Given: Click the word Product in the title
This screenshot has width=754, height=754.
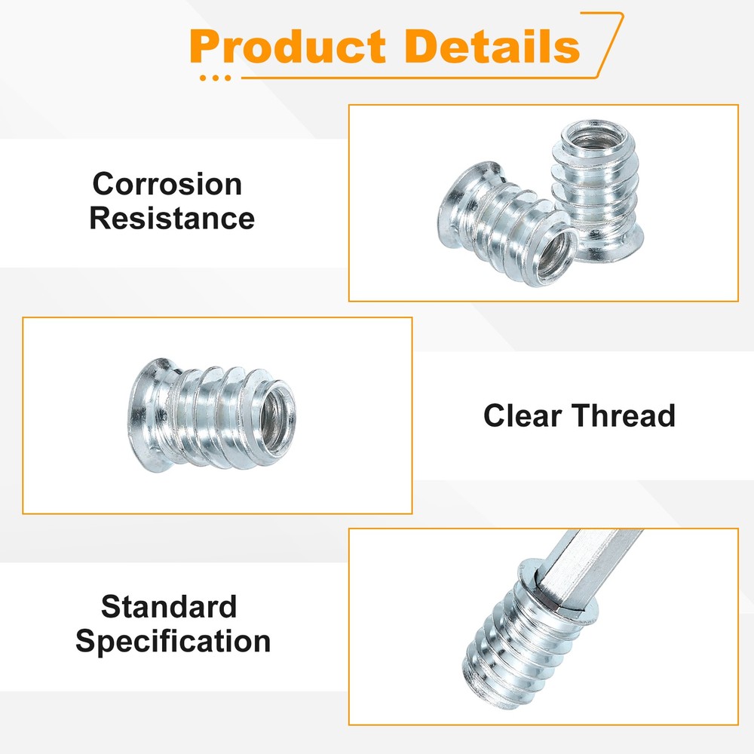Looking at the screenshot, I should point(290,47).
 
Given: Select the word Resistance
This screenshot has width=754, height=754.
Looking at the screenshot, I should point(172,219).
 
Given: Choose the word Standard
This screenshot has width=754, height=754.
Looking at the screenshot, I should point(169,607).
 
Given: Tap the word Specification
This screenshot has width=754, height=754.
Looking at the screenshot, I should point(173,642).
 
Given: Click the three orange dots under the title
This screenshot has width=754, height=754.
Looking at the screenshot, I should point(216,77).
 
